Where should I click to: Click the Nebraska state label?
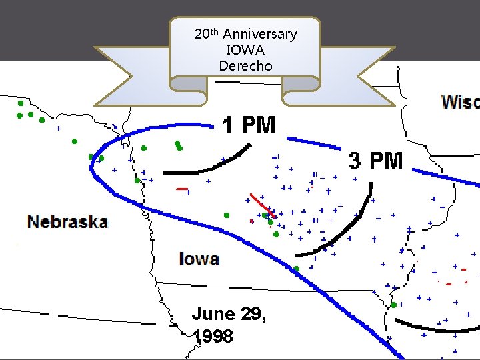tap(67, 221)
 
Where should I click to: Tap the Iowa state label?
tap(199, 258)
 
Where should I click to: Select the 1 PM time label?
tap(249, 125)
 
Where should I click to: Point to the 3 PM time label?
tap(376, 160)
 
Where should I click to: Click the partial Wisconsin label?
tap(460, 101)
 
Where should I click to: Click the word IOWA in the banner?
tap(245, 50)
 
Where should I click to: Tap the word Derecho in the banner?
tap(245, 65)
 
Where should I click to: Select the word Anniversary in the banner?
tap(260, 34)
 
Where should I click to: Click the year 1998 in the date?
tap(213, 337)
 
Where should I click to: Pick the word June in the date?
tap(213, 313)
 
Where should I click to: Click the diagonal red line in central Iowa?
tap(261, 205)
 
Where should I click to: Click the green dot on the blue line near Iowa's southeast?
tap(296, 269)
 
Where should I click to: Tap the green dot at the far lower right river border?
tap(394, 305)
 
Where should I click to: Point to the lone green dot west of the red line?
tap(227, 215)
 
